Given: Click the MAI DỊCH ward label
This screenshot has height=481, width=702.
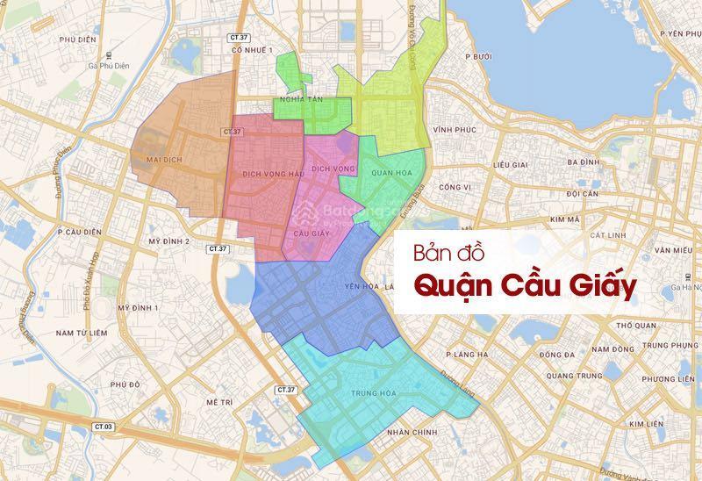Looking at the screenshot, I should point(167,159).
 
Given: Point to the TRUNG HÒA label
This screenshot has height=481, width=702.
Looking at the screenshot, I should point(369,392).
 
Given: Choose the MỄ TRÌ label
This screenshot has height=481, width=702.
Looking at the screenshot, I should point(217,400).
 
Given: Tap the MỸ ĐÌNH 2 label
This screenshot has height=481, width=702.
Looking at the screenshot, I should point(168,240).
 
